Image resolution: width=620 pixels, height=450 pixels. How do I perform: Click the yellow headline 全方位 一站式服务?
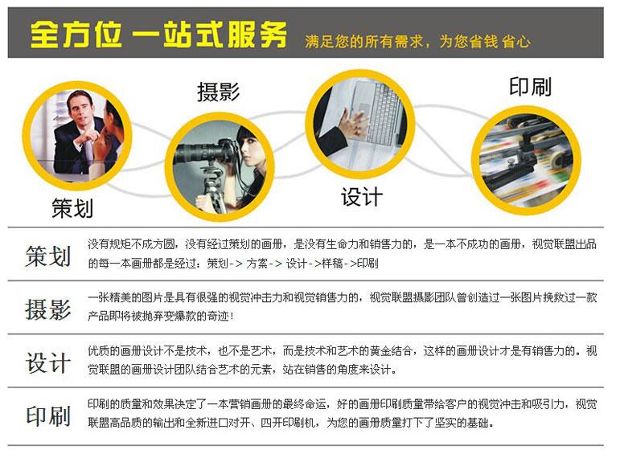tap(158, 35)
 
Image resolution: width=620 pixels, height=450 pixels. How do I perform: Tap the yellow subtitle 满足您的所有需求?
tap(363, 42)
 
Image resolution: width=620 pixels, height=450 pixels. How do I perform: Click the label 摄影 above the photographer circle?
tap(218, 92)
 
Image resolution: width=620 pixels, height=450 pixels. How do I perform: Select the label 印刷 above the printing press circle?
tap(530, 87)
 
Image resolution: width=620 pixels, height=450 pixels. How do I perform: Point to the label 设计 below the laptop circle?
tap(362, 197)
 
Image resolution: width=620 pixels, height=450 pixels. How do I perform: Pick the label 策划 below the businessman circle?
tap(72, 209)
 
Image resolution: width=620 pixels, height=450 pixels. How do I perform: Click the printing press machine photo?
tap(526, 160)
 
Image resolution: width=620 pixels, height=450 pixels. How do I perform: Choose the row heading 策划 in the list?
tap(47, 256)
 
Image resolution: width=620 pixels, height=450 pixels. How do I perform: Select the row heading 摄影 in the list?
tap(47, 309)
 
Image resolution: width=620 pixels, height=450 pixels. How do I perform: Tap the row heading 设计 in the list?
tap(47, 362)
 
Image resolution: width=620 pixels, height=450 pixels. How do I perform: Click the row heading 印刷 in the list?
tap(47, 415)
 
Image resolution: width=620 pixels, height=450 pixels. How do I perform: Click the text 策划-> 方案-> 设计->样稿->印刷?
tap(293, 263)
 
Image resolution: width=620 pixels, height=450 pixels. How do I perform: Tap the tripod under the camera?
tap(212, 188)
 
